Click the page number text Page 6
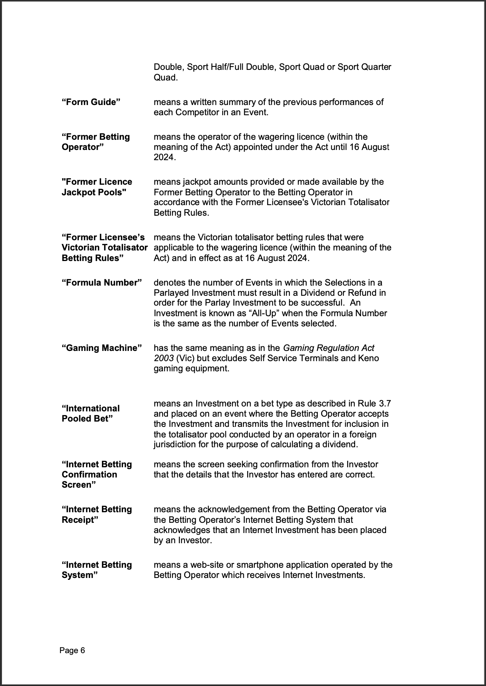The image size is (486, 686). (x=72, y=650)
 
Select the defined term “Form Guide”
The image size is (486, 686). (x=91, y=102)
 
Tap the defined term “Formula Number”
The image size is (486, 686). (x=102, y=283)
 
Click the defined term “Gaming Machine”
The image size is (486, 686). (x=102, y=348)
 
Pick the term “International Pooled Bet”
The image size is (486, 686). (x=91, y=414)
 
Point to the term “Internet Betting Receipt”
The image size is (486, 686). (x=97, y=514)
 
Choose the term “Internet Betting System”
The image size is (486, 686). (x=97, y=570)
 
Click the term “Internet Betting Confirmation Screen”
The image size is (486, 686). (x=97, y=474)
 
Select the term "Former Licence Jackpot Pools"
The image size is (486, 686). (x=97, y=187)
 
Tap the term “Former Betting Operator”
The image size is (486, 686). (x=95, y=142)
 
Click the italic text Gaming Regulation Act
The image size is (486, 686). (x=328, y=348)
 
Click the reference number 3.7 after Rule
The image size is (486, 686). (x=384, y=403)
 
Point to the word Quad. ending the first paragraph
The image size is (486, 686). (x=165, y=77)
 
